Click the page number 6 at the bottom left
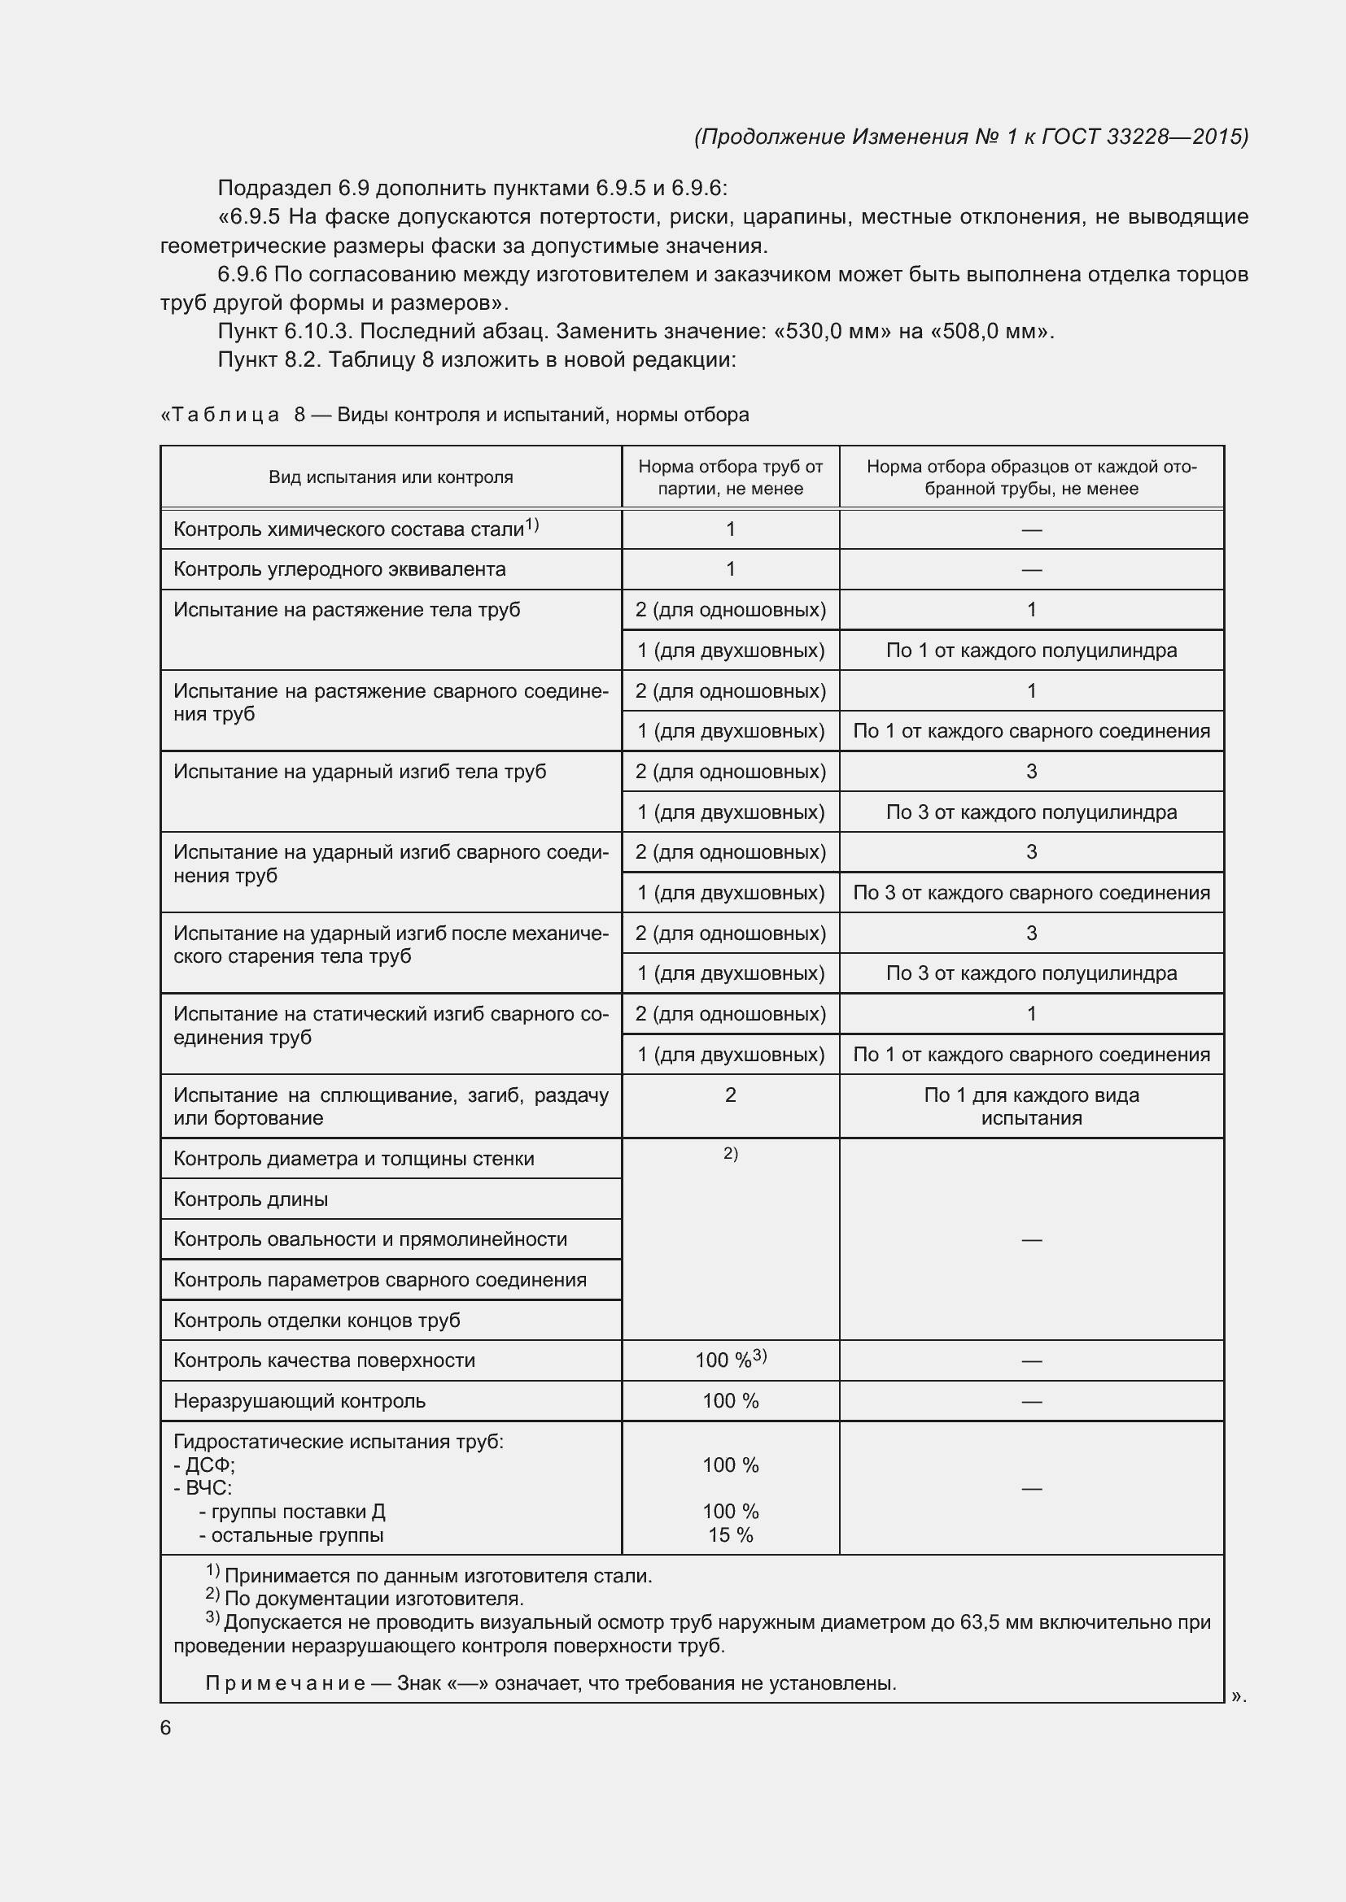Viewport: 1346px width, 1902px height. tap(166, 1727)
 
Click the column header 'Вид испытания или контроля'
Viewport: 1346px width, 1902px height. tap(391, 477)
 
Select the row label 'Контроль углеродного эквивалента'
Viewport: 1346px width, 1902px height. tap(339, 569)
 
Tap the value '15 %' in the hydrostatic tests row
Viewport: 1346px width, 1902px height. tap(730, 1535)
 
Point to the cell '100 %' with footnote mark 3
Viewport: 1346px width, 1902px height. tap(730, 1360)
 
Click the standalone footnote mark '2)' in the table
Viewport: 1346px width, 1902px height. tap(730, 1153)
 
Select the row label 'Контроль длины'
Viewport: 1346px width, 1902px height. tap(251, 1199)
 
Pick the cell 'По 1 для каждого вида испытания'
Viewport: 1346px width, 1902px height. tap(1031, 1106)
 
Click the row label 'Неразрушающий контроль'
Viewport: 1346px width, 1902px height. tap(299, 1401)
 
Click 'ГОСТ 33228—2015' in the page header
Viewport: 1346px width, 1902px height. tap(1145, 137)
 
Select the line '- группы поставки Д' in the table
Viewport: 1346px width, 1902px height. tap(292, 1512)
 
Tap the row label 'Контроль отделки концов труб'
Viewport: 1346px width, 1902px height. tap(317, 1320)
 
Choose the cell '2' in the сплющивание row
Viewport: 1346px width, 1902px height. tap(730, 1095)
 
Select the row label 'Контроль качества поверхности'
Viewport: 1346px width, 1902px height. tap(324, 1360)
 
